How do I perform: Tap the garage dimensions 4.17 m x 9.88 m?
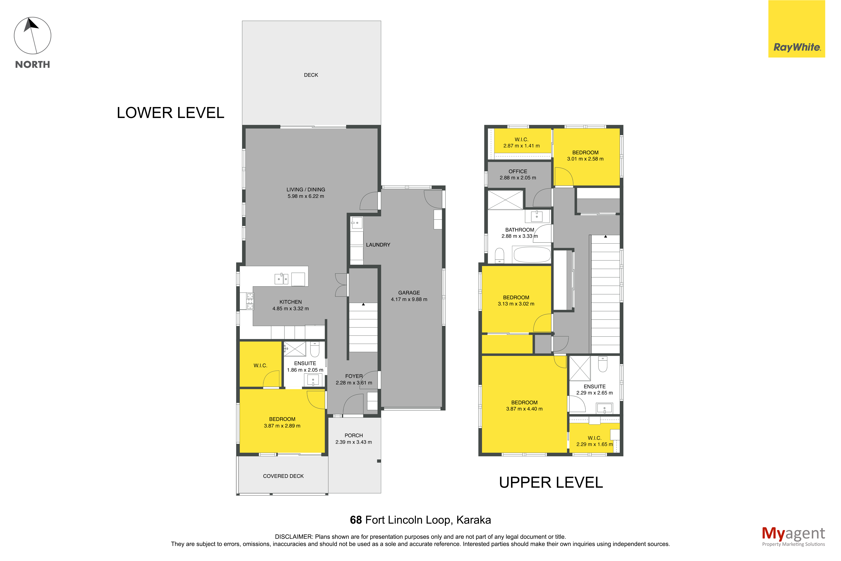409,299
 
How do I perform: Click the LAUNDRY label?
378,245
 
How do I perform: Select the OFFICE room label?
518,171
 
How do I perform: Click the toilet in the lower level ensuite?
315,349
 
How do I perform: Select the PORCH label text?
354,435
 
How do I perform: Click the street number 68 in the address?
356,520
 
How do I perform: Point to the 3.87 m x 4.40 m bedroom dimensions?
524,409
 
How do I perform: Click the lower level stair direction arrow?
363,304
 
